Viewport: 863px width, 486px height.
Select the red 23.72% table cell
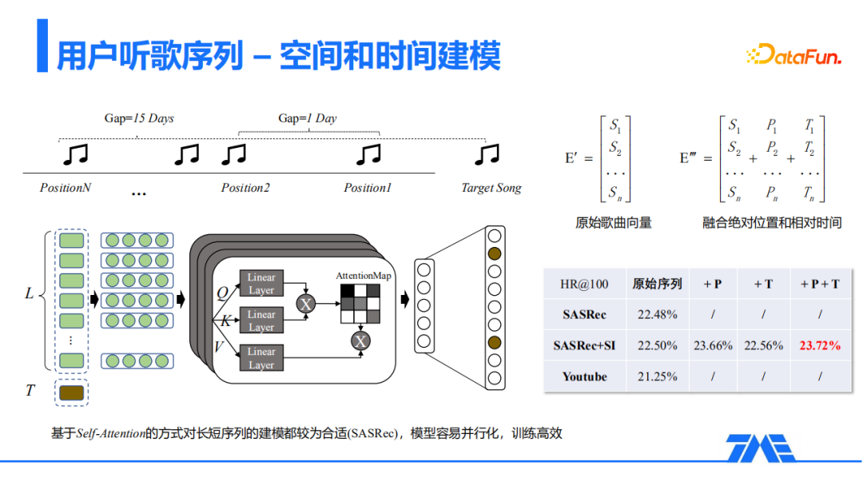[819, 346]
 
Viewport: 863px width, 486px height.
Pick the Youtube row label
[584, 376]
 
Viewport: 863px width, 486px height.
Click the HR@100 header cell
[584, 284]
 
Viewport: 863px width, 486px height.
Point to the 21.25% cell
[657, 376]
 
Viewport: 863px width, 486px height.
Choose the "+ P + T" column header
[819, 284]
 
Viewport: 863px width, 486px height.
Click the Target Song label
[491, 189]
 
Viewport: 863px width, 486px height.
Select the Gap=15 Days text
[139, 118]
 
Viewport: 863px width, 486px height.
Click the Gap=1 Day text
[308, 118]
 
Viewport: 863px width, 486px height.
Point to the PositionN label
[66, 189]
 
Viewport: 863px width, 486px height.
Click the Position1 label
[368, 189]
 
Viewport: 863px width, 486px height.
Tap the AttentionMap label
[364, 276]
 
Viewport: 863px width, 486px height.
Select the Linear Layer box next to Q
[261, 284]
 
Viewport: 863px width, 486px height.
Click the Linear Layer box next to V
[261, 358]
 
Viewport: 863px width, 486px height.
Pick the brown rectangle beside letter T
[71, 392]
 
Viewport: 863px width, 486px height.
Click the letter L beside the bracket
[30, 294]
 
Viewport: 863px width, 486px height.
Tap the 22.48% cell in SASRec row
[657, 315]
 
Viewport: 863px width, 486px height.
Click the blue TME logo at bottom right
[761, 448]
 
